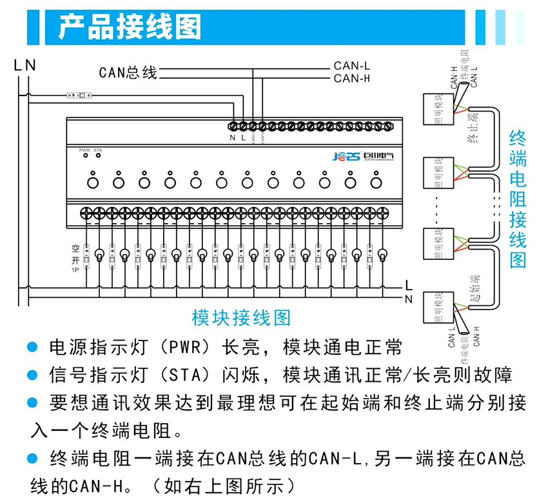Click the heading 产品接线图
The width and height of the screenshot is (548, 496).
pos(130,27)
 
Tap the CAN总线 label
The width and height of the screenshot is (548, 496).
pos(128,72)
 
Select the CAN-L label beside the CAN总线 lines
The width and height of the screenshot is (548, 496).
pos(352,66)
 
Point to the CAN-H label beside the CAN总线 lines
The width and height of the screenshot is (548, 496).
pos(352,79)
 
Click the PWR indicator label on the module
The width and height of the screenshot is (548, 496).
pos(84,150)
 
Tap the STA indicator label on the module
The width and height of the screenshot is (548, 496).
pos(98,150)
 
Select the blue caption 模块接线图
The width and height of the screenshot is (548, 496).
pos(241,317)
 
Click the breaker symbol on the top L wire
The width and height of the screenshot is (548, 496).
pos(79,95)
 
